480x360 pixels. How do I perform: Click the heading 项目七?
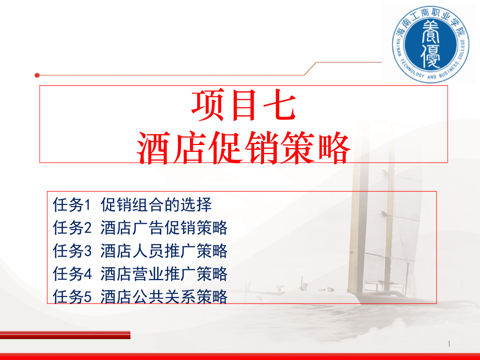point(244,105)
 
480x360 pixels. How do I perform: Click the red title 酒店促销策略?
point(243,148)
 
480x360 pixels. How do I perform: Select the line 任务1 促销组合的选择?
point(132,205)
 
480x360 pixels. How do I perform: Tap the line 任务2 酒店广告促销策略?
point(140,228)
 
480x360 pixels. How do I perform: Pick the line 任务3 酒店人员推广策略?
point(140,251)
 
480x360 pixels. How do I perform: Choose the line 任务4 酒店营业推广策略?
point(140,274)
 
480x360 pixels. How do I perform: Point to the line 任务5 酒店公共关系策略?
point(140,296)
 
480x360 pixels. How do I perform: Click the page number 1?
point(449,344)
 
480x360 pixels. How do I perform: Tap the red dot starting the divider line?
point(37,75)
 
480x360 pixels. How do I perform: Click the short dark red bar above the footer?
point(65,335)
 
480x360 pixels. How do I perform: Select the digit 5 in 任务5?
point(87,297)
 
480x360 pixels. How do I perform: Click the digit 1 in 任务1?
point(87,205)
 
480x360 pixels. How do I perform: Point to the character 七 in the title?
point(280,105)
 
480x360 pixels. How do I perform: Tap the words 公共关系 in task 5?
point(164,296)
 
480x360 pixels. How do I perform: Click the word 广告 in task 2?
point(148,228)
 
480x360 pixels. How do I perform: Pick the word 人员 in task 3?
point(148,251)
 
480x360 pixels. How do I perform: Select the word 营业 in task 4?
point(148,274)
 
